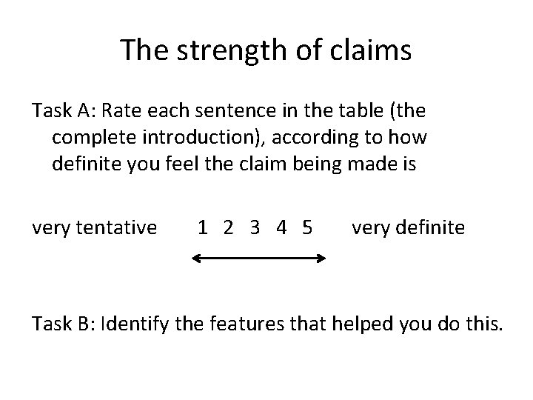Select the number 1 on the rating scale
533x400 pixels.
click(x=202, y=227)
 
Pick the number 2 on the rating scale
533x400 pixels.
click(x=229, y=227)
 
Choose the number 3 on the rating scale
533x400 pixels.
click(x=255, y=227)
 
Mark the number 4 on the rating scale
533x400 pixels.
click(x=281, y=227)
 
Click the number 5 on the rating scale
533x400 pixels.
click(x=307, y=227)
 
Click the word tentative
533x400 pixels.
click(x=120, y=227)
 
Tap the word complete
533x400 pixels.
click(x=88, y=138)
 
